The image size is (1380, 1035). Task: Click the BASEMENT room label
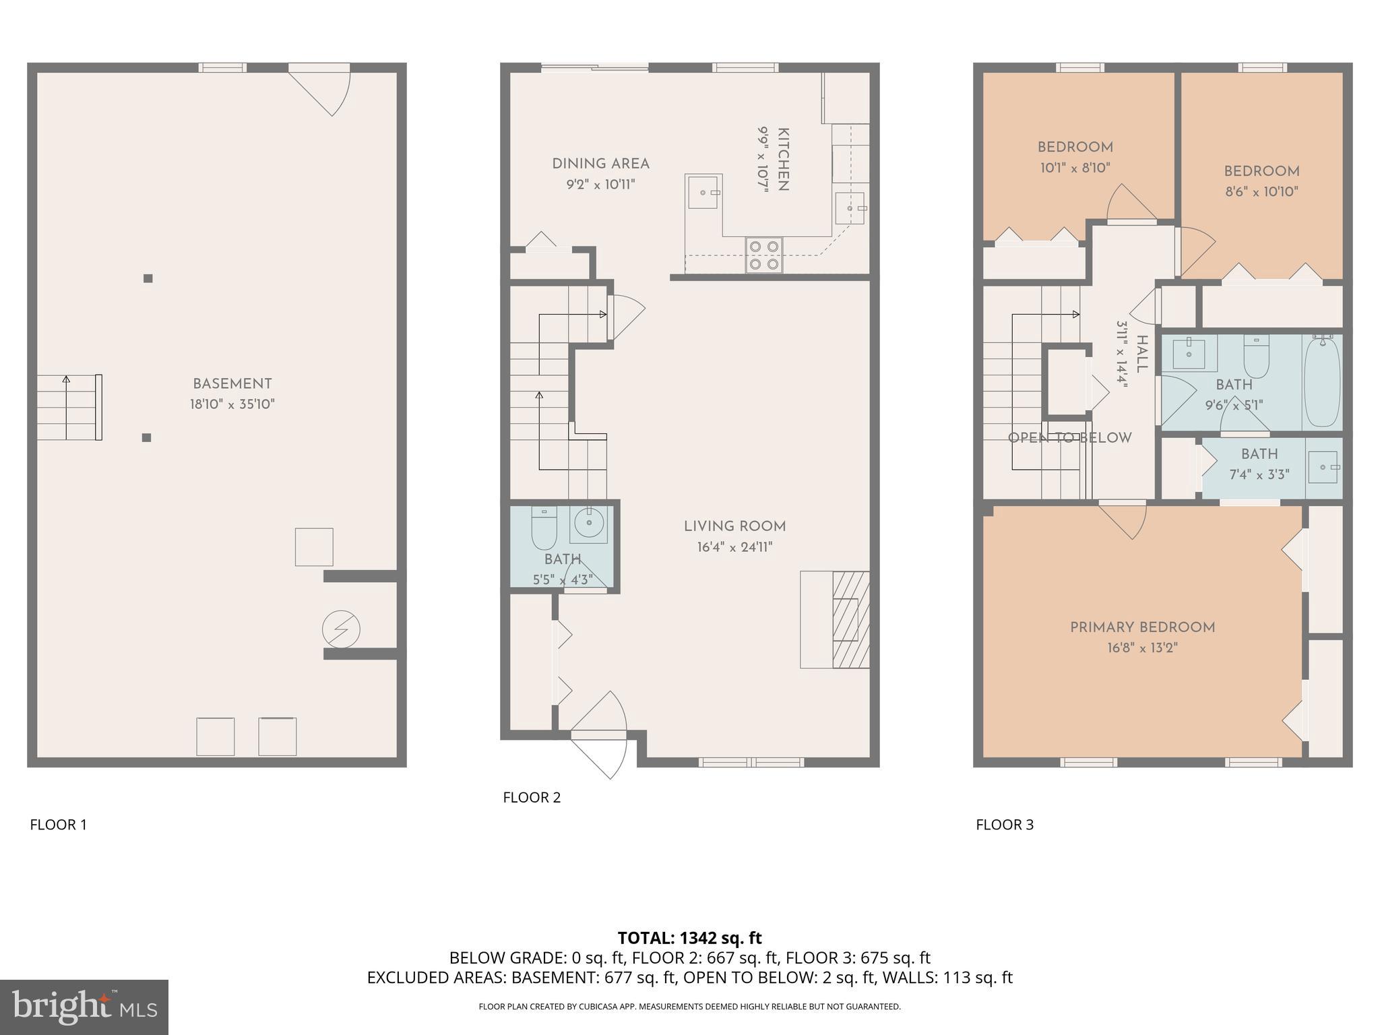click(232, 384)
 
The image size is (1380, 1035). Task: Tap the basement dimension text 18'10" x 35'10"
click(232, 405)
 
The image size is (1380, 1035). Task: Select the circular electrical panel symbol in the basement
click(341, 630)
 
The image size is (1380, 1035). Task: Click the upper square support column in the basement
click(148, 278)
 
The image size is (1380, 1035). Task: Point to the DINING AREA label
click(600, 164)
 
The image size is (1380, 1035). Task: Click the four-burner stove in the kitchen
click(764, 255)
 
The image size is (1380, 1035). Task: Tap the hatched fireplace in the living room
click(850, 620)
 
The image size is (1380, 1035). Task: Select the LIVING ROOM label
click(734, 526)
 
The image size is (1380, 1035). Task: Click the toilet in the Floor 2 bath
click(544, 528)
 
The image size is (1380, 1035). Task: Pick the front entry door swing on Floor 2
click(600, 734)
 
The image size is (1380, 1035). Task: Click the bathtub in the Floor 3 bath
click(1321, 381)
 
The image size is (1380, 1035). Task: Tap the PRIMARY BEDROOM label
click(1142, 627)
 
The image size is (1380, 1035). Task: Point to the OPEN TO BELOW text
click(1069, 438)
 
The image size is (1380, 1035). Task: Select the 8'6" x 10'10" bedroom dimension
click(1261, 192)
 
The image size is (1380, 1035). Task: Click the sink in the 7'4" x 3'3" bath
click(1323, 467)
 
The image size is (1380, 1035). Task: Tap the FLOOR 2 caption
click(532, 797)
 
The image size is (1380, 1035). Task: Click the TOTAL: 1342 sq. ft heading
click(689, 938)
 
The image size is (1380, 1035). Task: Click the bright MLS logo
click(84, 1007)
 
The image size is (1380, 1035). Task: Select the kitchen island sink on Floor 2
click(703, 192)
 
